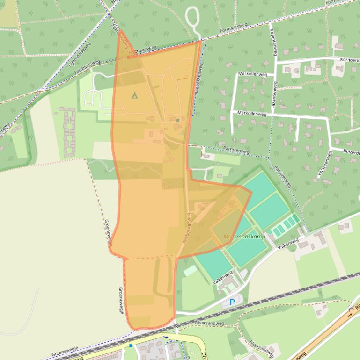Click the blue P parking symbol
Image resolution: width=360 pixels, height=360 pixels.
coord(232,302)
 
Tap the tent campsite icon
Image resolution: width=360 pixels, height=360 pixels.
coord(135,95)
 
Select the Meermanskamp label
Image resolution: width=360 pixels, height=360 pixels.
coord(244,237)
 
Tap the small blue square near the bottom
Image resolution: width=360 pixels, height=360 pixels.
coord(131,346)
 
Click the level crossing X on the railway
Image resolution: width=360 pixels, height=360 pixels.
coord(176,325)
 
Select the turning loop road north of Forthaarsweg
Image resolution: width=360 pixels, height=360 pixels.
coord(192,19)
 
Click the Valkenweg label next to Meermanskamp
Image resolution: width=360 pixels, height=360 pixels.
coord(287,243)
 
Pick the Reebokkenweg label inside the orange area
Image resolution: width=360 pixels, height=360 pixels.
coord(186,228)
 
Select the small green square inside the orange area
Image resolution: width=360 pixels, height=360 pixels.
coord(178,120)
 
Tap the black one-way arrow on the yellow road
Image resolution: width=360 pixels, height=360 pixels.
coord(165,337)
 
